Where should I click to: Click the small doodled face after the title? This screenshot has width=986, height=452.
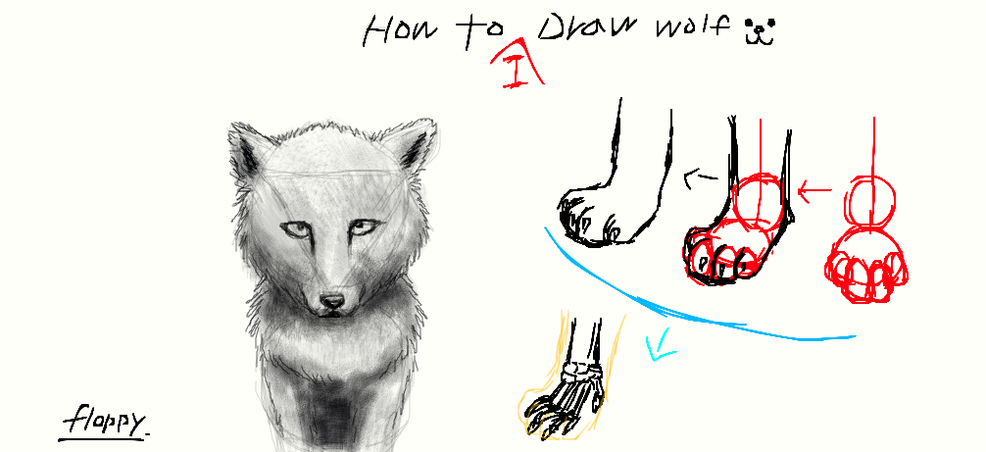(x=761, y=32)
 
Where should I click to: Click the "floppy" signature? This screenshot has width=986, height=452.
(x=105, y=422)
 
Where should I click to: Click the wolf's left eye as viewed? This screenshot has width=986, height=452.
(x=297, y=230)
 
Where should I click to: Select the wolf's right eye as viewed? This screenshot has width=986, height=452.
(x=366, y=226)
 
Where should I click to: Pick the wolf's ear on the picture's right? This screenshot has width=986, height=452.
(x=412, y=147)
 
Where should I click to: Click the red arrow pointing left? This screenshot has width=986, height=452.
(x=814, y=189)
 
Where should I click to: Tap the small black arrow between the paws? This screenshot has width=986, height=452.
(x=699, y=177)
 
